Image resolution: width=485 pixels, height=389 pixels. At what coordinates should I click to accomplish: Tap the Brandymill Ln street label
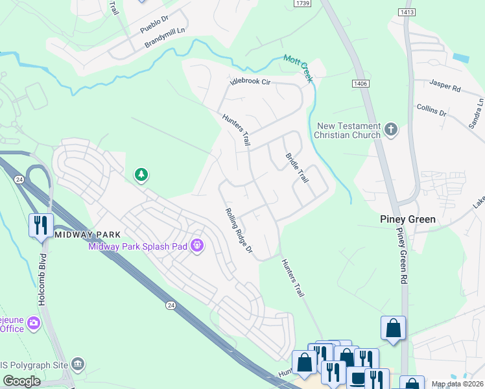165,38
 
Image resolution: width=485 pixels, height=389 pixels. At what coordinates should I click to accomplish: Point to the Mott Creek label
298,68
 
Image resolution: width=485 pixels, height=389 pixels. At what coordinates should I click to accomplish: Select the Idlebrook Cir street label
250,82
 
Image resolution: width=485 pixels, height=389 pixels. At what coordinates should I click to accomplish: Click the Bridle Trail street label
297,167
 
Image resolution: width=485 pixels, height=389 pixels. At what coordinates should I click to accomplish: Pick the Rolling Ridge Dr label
238,231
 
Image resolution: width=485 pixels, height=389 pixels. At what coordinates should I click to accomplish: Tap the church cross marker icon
390,130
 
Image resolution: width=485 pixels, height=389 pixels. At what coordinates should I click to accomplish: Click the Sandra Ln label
479,112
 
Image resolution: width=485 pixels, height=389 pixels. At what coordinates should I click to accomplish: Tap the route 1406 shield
361,84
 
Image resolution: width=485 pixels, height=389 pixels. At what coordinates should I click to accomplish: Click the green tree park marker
141,174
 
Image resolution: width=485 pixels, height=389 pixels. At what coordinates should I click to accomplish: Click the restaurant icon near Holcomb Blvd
40,226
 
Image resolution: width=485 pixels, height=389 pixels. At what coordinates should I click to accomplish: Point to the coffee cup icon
356,377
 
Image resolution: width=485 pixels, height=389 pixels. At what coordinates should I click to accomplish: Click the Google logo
22,381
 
